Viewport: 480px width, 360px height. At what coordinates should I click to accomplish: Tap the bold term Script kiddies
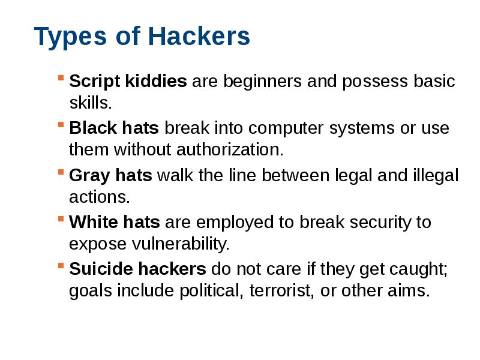[128, 81]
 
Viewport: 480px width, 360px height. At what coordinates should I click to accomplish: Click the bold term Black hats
[114, 128]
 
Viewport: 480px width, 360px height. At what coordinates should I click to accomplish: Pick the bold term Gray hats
[112, 175]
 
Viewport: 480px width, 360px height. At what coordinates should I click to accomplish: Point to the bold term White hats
[115, 222]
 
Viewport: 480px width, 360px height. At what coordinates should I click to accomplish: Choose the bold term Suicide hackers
[138, 269]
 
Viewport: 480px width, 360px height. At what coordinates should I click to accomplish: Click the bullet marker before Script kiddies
[61, 78]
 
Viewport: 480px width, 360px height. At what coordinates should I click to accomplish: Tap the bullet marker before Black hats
[61, 125]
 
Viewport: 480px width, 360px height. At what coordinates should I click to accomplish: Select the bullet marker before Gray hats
[61, 172]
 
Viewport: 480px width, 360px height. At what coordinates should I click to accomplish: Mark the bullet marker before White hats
[61, 219]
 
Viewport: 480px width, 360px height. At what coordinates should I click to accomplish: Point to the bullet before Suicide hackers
[61, 266]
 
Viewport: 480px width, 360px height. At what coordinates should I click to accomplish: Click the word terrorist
[278, 291]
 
